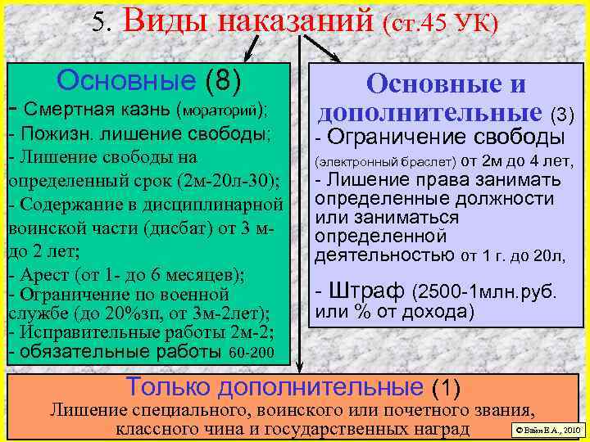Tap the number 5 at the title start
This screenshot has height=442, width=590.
click(99, 21)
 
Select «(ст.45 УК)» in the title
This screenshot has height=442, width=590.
click(438, 22)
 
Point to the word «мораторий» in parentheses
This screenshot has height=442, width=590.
click(220, 109)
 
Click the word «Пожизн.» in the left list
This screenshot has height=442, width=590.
click(50, 133)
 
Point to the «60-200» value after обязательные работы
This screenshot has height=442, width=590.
click(252, 354)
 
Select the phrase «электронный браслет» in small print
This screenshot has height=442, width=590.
click(383, 160)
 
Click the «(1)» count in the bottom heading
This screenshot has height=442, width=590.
click(446, 385)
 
